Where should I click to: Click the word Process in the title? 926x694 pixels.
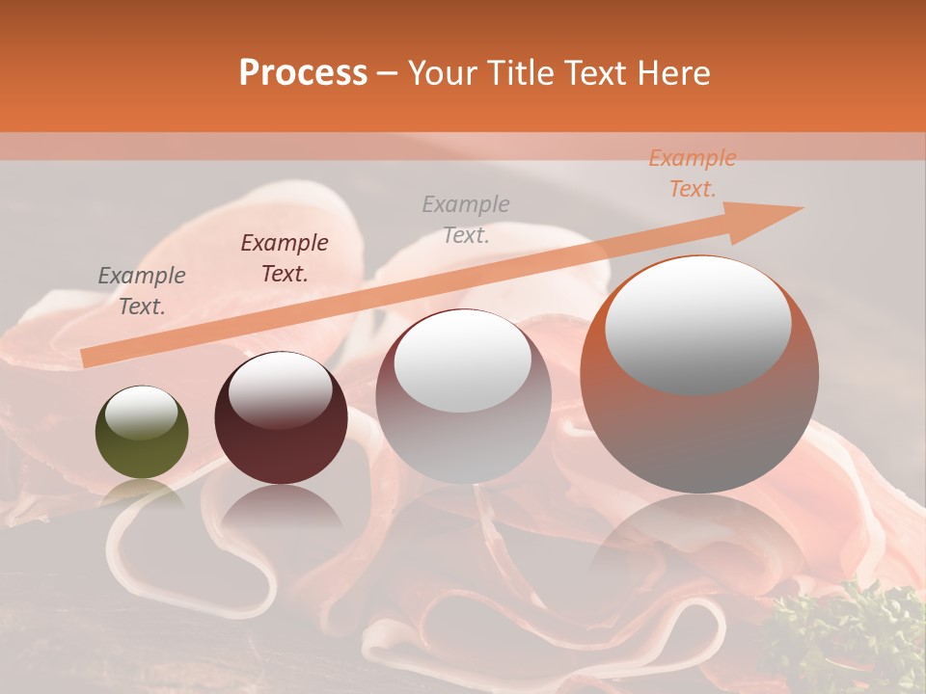303,73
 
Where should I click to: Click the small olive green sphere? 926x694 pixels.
142,434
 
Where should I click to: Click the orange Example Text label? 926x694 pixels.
693,173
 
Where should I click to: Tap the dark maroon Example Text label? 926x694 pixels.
285,258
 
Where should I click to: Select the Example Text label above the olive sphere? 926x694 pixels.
142,291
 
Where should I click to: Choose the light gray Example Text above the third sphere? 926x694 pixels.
466,219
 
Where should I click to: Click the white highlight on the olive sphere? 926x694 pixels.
142,413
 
